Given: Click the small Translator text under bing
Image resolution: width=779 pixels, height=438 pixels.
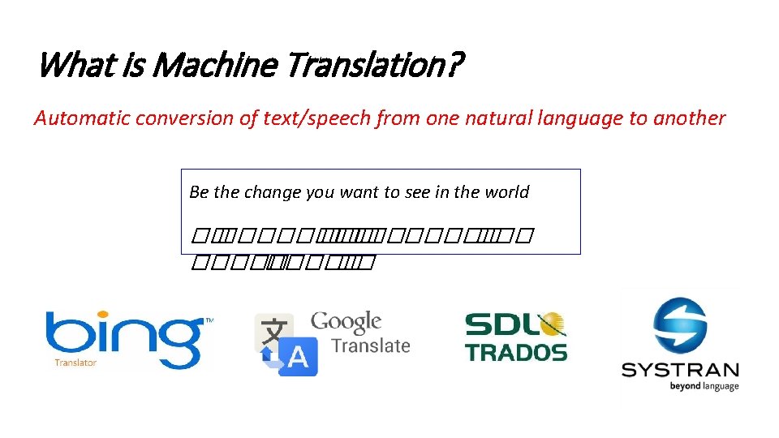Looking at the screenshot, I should [x=75, y=363].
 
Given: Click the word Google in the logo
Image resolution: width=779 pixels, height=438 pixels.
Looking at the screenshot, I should [x=346, y=322].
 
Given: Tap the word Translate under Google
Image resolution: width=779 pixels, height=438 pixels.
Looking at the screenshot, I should [x=371, y=346].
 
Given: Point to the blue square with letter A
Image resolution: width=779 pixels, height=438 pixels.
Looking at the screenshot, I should [x=297, y=357].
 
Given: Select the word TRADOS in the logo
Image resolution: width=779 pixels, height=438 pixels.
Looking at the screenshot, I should [x=516, y=352].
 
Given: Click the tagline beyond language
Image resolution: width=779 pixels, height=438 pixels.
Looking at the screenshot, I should [x=704, y=386].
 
